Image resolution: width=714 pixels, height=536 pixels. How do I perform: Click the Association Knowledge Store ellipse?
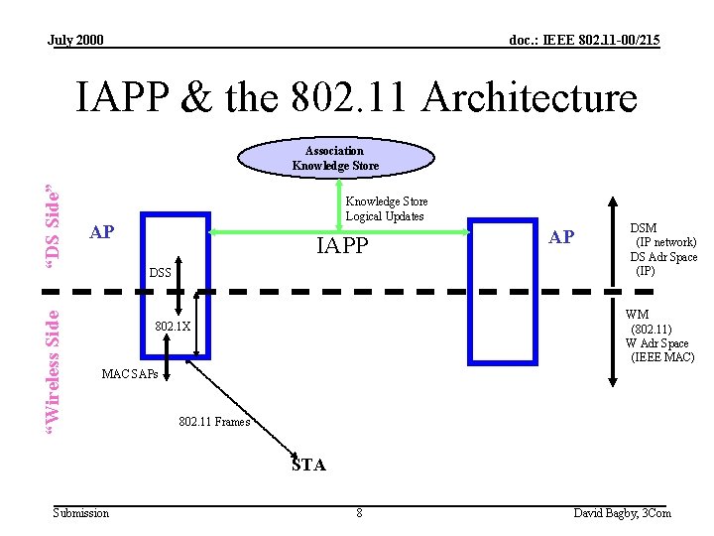(336, 158)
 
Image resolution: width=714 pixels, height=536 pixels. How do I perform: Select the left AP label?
(101, 233)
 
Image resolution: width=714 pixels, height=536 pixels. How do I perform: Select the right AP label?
(561, 236)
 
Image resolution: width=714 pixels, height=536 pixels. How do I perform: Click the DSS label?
(160, 272)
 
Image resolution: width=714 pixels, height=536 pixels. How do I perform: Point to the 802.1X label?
(174, 326)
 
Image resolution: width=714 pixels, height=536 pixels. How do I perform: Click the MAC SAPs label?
(129, 374)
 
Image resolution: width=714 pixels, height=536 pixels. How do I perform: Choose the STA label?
(308, 465)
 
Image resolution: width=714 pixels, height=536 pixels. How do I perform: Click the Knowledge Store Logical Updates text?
(386, 208)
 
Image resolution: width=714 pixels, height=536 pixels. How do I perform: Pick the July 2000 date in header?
(75, 40)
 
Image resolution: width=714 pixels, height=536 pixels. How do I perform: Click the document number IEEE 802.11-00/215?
(584, 40)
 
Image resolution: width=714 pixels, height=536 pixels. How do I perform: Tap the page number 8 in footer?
(359, 513)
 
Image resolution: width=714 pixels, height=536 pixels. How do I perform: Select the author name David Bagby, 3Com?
(622, 513)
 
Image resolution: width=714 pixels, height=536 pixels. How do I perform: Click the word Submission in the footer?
(81, 513)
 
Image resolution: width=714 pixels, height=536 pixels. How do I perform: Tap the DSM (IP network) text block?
(663, 249)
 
